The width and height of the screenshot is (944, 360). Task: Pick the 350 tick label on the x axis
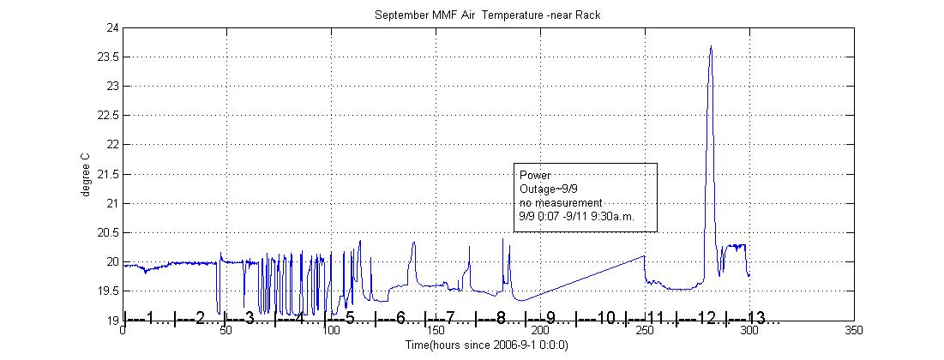854,330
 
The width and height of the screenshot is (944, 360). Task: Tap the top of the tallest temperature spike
711,47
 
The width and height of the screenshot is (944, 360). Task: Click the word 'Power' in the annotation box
535,176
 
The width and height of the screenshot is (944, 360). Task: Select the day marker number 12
706,318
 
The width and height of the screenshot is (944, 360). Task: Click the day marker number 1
151,318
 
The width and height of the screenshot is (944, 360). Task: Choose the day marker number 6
401,318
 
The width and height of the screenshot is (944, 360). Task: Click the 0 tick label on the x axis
124,330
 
